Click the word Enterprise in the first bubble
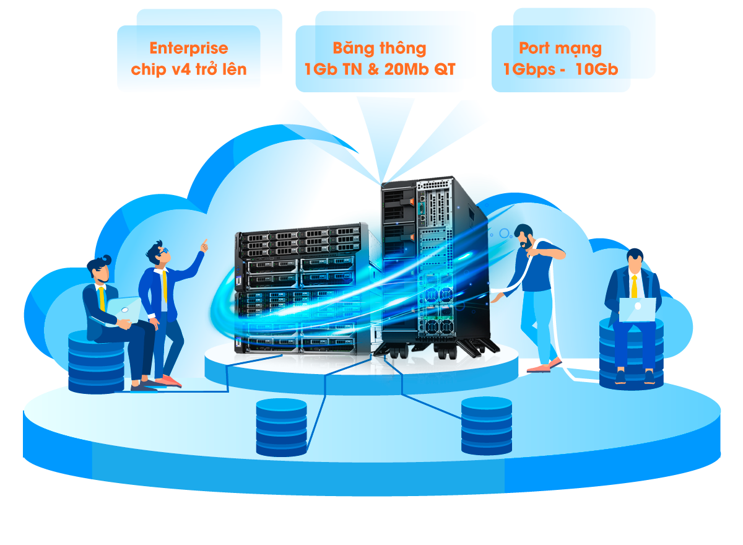[189, 48]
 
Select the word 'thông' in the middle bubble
[403, 49]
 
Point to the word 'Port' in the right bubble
[534, 48]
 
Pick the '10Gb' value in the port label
[597, 69]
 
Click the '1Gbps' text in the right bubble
[529, 70]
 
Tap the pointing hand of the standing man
[204, 245]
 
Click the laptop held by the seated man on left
[123, 311]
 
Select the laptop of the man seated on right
[637, 310]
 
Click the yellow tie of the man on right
[634, 287]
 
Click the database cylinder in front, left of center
[281, 427]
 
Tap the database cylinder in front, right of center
[486, 426]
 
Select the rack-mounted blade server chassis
[302, 288]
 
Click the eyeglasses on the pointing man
[165, 250]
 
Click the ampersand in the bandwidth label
[373, 69]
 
